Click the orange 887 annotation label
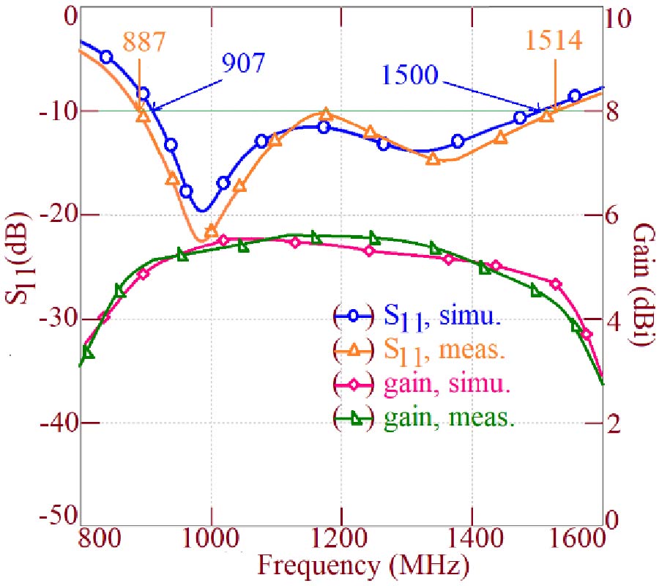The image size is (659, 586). click(x=138, y=42)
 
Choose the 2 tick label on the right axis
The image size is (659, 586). click(x=615, y=424)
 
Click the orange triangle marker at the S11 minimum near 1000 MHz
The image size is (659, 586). click(x=212, y=231)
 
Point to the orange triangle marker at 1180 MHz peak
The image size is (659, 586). click(x=327, y=114)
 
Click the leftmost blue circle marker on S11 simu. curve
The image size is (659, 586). click(x=106, y=57)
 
